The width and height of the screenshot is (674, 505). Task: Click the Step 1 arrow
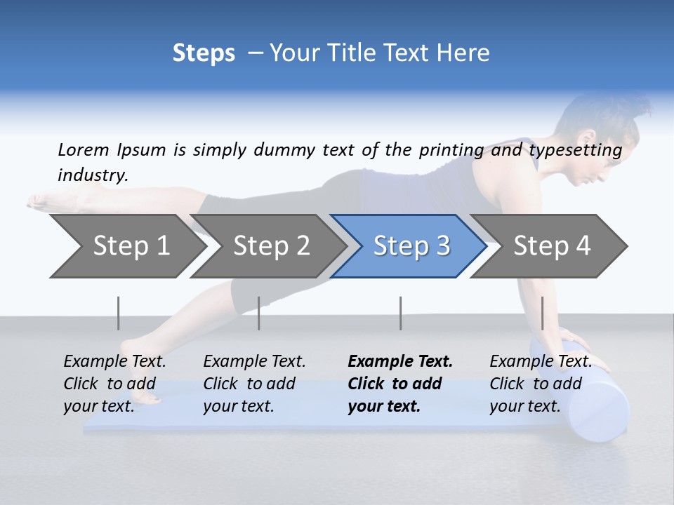[126, 246]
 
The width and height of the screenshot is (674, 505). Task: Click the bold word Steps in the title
[204, 53]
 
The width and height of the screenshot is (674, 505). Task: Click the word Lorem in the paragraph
[84, 149]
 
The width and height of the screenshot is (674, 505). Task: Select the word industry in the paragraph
[92, 175]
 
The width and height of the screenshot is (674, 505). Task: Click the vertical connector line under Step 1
[119, 313]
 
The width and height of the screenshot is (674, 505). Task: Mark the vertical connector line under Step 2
[259, 313]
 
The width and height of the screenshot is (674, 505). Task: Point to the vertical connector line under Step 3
[400, 313]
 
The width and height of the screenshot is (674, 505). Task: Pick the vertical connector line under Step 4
[543, 313]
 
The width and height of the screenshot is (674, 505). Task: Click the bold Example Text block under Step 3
[400, 384]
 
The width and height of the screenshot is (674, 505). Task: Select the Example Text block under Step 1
[114, 384]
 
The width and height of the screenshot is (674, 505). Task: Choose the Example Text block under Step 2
[254, 384]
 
